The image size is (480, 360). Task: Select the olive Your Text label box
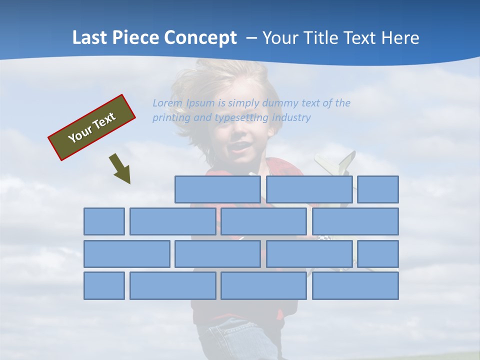tap(91, 127)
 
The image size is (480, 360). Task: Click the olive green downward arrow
tap(120, 168)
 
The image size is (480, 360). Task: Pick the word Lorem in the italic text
tap(167, 103)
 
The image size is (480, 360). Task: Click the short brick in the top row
tap(377, 189)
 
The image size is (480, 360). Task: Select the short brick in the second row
tap(104, 221)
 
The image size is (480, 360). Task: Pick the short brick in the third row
tap(377, 254)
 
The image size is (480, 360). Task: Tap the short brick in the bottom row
tap(104, 285)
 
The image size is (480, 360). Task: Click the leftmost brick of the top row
tap(217, 189)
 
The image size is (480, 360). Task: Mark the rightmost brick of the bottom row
tap(355, 285)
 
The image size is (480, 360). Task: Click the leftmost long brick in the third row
tap(126, 254)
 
